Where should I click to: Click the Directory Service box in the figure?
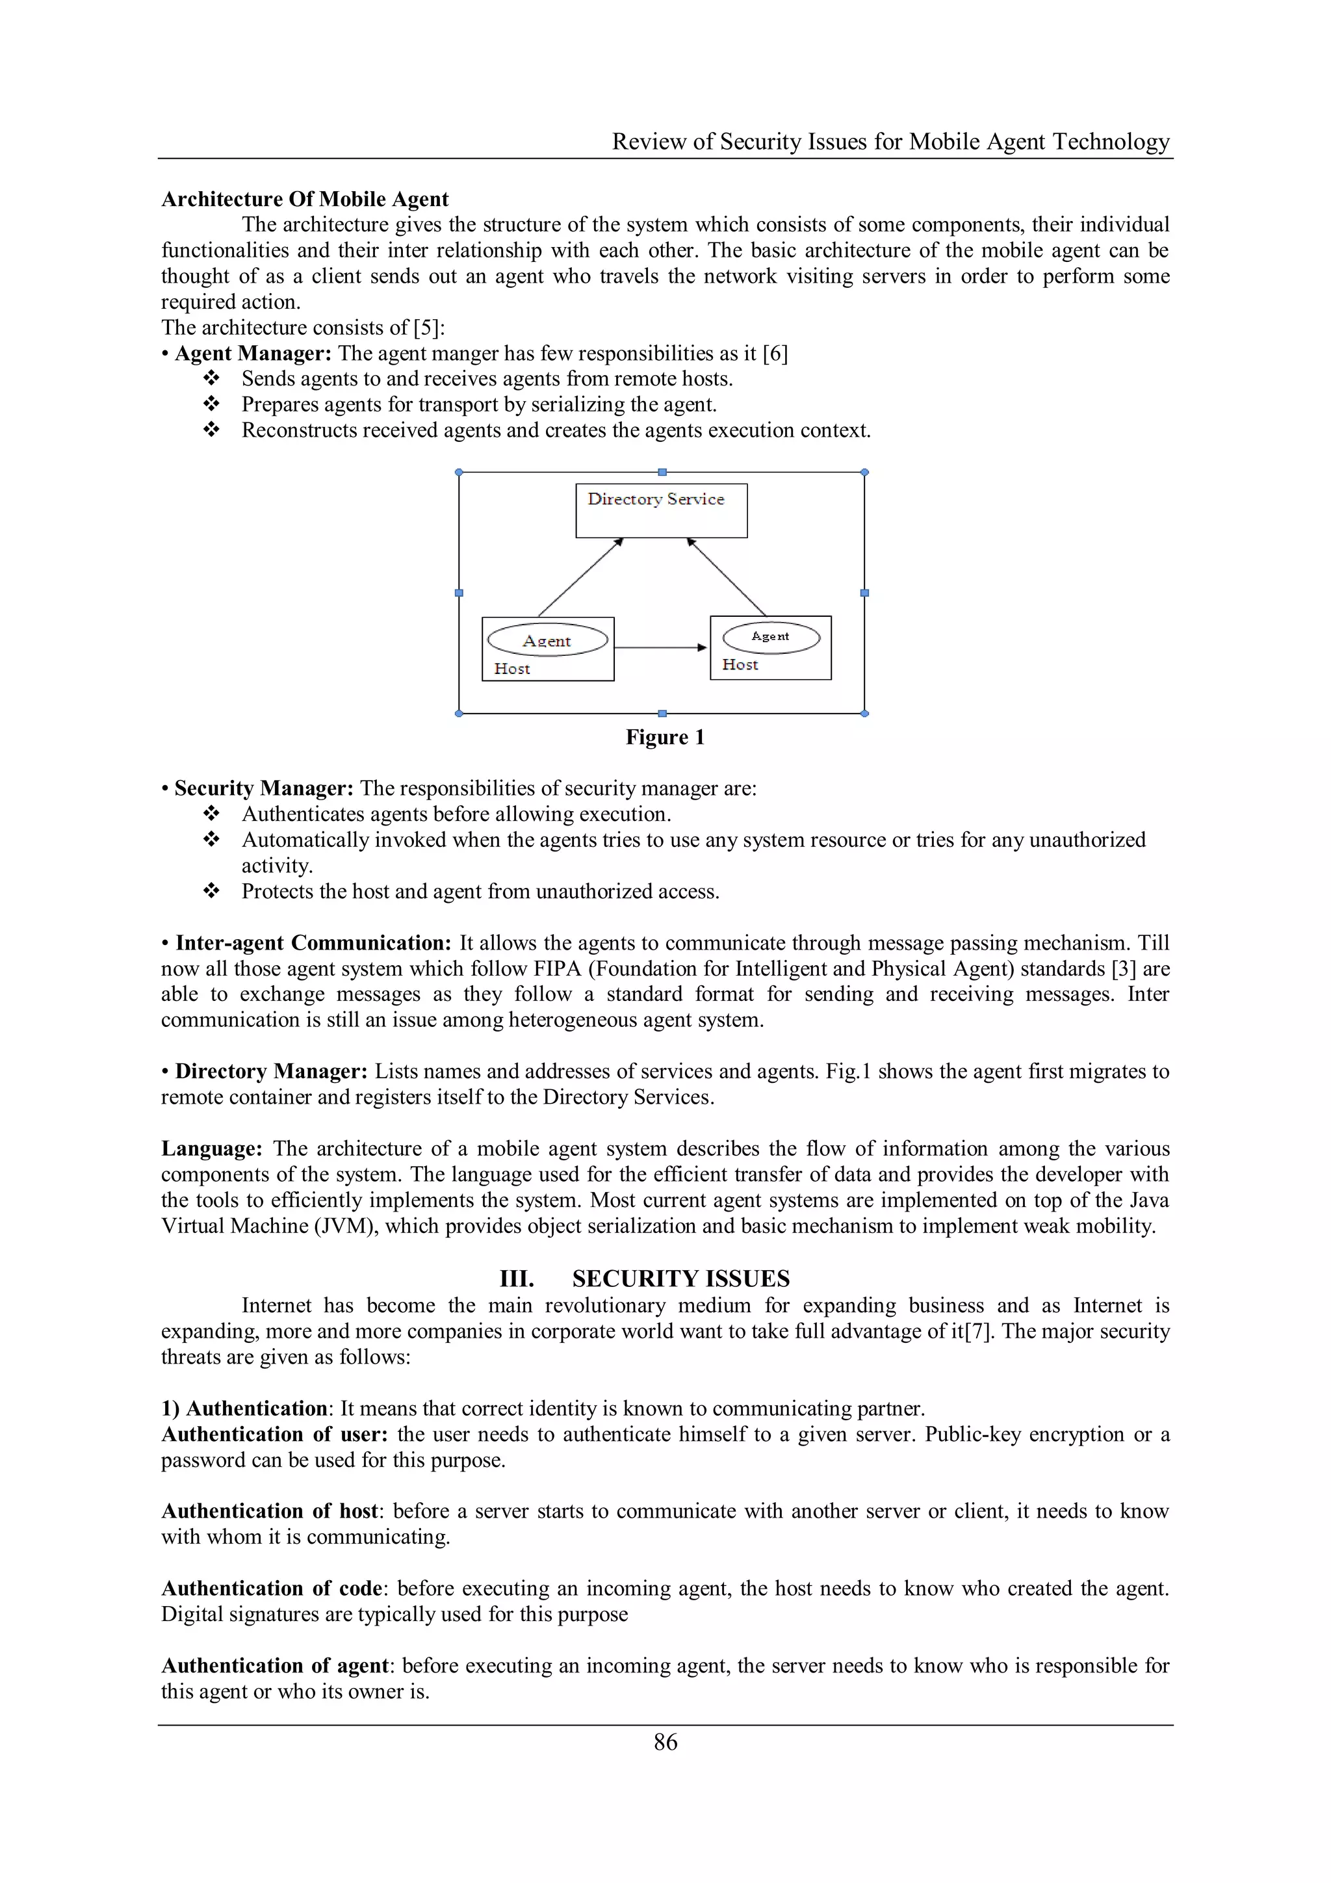661,511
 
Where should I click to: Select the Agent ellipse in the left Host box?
547,640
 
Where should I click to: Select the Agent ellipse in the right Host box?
771,637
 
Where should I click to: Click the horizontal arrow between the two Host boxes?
660,648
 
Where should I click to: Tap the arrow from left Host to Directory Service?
580,577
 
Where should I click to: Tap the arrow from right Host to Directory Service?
727,577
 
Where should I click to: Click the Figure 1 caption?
664,737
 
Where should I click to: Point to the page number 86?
665,1742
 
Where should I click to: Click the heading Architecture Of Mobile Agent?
305,200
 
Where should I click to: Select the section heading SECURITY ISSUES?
680,1279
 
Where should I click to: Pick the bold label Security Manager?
263,788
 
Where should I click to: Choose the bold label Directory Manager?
270,1071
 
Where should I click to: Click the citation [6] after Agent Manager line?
775,354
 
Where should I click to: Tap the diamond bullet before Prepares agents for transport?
212,404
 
